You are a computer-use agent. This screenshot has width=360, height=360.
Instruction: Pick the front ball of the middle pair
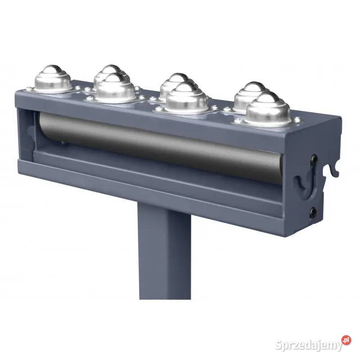point(187,98)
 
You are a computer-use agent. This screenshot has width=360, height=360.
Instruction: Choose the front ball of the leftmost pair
point(115,88)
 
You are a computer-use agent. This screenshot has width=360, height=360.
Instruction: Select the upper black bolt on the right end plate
point(313,158)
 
